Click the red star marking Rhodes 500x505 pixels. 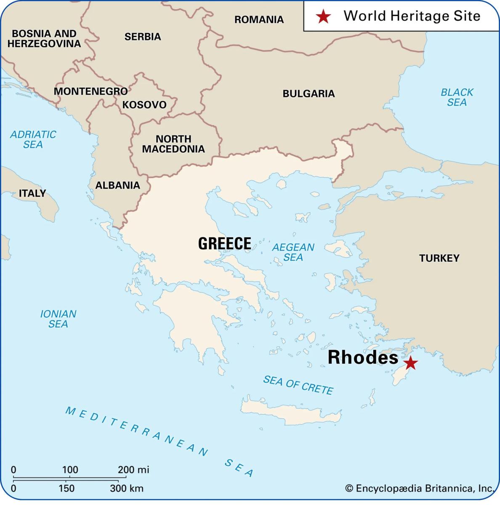pos(410,363)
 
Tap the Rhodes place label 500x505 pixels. pos(363,358)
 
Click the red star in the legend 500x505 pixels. pos(323,16)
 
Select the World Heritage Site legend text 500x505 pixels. pos(412,16)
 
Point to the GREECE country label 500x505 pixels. pos(224,244)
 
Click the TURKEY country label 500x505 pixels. pos(439,258)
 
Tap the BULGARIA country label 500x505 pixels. pos(309,93)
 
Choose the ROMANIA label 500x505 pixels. pos(259,19)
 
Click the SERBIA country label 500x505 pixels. pos(143,37)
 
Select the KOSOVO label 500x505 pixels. pos(144,105)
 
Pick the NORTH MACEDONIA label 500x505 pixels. pos(173,144)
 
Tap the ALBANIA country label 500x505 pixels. pos(117,185)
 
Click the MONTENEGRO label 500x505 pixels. pos(90,91)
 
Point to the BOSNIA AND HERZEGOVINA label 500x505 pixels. pos(44,38)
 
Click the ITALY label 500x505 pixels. pos(32,193)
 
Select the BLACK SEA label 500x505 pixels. pos(457,97)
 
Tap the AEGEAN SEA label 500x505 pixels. pos(293,252)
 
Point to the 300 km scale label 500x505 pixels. pos(127,489)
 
